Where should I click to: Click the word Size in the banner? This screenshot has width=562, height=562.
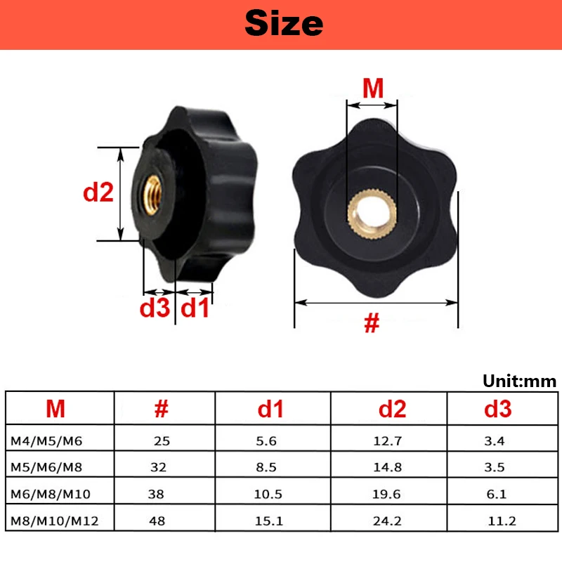tap(284, 24)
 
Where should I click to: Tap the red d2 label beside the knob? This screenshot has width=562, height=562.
tap(98, 192)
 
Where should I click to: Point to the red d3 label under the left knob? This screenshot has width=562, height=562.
tap(155, 308)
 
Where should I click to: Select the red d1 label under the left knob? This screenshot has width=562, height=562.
tap(195, 308)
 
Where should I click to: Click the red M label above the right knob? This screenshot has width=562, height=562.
tap(372, 89)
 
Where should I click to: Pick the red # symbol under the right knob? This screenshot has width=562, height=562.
tap(372, 323)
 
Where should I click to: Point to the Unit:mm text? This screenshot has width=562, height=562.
tap(519, 381)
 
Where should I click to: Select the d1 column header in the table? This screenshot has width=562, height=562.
tap(271, 409)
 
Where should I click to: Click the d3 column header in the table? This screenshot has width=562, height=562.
tap(497, 409)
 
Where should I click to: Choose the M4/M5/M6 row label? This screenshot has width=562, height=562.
tap(46, 442)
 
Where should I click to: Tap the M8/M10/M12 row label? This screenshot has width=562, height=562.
tap(54, 521)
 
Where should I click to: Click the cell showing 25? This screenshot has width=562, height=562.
tap(162, 442)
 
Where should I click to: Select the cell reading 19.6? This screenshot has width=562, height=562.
tap(386, 495)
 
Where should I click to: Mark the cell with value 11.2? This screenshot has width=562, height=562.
tap(502, 521)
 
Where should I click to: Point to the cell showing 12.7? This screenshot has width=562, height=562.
tap(386, 442)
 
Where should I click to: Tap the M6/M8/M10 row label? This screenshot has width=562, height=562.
tap(51, 495)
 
